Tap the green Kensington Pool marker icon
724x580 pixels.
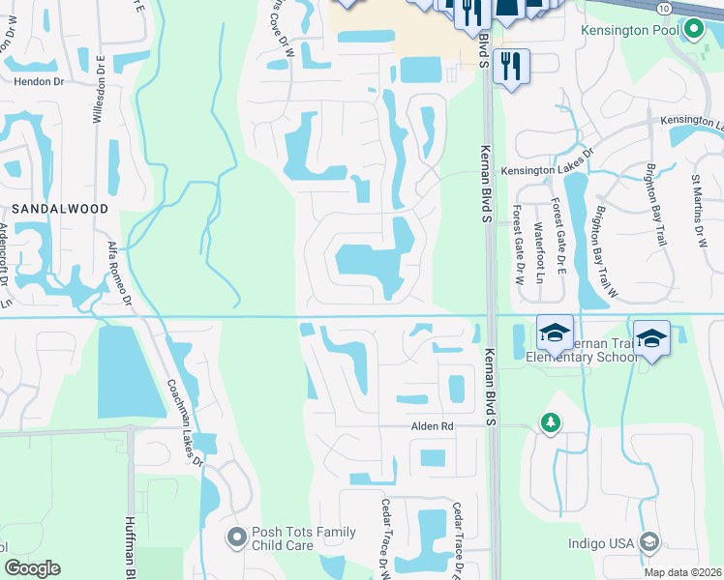tap(693, 30)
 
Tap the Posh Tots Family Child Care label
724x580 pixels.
tap(304, 538)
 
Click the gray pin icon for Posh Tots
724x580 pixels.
tap(235, 536)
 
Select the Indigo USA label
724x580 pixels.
tap(600, 543)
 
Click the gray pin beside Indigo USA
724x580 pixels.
tap(649, 542)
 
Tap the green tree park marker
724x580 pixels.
tap(550, 423)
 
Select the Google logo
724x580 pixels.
tap(33, 568)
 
